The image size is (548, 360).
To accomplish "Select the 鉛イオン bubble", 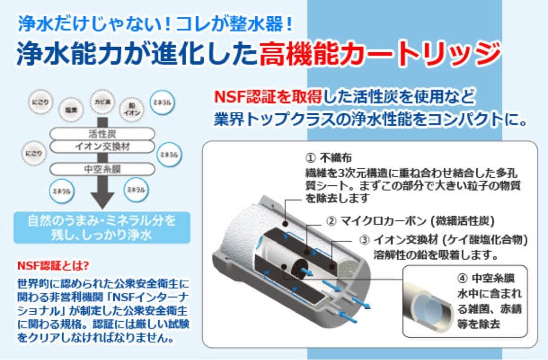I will [130, 108].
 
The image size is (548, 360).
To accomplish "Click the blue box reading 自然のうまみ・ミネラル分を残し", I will [102, 228].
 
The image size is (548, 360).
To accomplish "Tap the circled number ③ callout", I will [364, 239].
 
